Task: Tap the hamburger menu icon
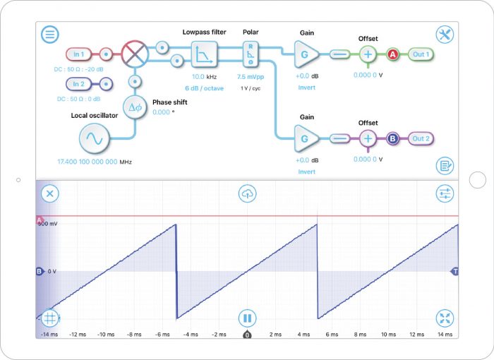[x=51, y=35]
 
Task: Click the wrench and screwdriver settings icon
[x=445, y=35]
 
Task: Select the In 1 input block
[x=78, y=54]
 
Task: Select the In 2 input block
[x=78, y=84]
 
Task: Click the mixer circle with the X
[x=133, y=53]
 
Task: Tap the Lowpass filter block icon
[x=204, y=54]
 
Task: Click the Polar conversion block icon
[x=251, y=53]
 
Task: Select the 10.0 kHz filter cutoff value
[x=204, y=76]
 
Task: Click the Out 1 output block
[x=421, y=54]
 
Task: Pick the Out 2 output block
[x=421, y=138]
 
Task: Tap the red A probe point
[x=392, y=54]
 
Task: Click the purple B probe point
[x=392, y=138]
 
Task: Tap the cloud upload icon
[x=247, y=193]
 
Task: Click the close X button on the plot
[x=49, y=193]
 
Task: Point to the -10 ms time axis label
[x=104, y=335]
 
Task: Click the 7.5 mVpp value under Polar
[x=251, y=76]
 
